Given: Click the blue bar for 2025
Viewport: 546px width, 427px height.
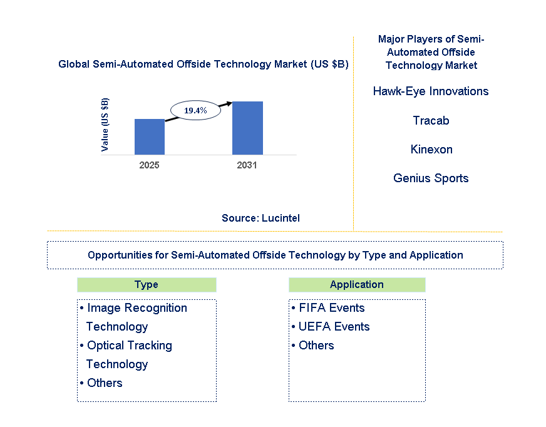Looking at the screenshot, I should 150,136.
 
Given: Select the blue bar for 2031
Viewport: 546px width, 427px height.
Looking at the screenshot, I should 247,128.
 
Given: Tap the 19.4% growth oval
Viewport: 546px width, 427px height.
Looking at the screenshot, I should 195,110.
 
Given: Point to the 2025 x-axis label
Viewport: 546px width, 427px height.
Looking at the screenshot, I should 149,165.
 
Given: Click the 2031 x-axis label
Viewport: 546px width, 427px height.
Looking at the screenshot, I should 247,165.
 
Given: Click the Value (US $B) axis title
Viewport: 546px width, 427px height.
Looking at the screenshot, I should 105,125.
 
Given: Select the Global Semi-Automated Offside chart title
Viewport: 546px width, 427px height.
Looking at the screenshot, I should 203,64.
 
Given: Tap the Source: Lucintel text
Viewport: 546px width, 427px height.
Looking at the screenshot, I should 260,218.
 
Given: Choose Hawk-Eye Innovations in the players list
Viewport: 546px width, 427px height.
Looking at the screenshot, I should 431,91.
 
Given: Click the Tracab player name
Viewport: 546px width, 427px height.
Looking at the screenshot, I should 431,120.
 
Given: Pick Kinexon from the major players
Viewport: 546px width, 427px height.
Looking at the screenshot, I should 431,149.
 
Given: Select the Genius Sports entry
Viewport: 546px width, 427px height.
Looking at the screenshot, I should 431,178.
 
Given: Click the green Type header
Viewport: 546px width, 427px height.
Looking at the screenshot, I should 147,285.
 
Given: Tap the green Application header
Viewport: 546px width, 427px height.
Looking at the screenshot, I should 356,285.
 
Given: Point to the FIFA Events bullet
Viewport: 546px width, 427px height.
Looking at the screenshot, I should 331,308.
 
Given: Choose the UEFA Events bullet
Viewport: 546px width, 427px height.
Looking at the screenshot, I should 334,327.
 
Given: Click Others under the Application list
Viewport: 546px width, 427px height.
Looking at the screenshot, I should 316,346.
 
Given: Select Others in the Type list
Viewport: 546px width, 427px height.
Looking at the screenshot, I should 105,383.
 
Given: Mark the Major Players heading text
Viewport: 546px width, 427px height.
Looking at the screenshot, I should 431,52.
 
